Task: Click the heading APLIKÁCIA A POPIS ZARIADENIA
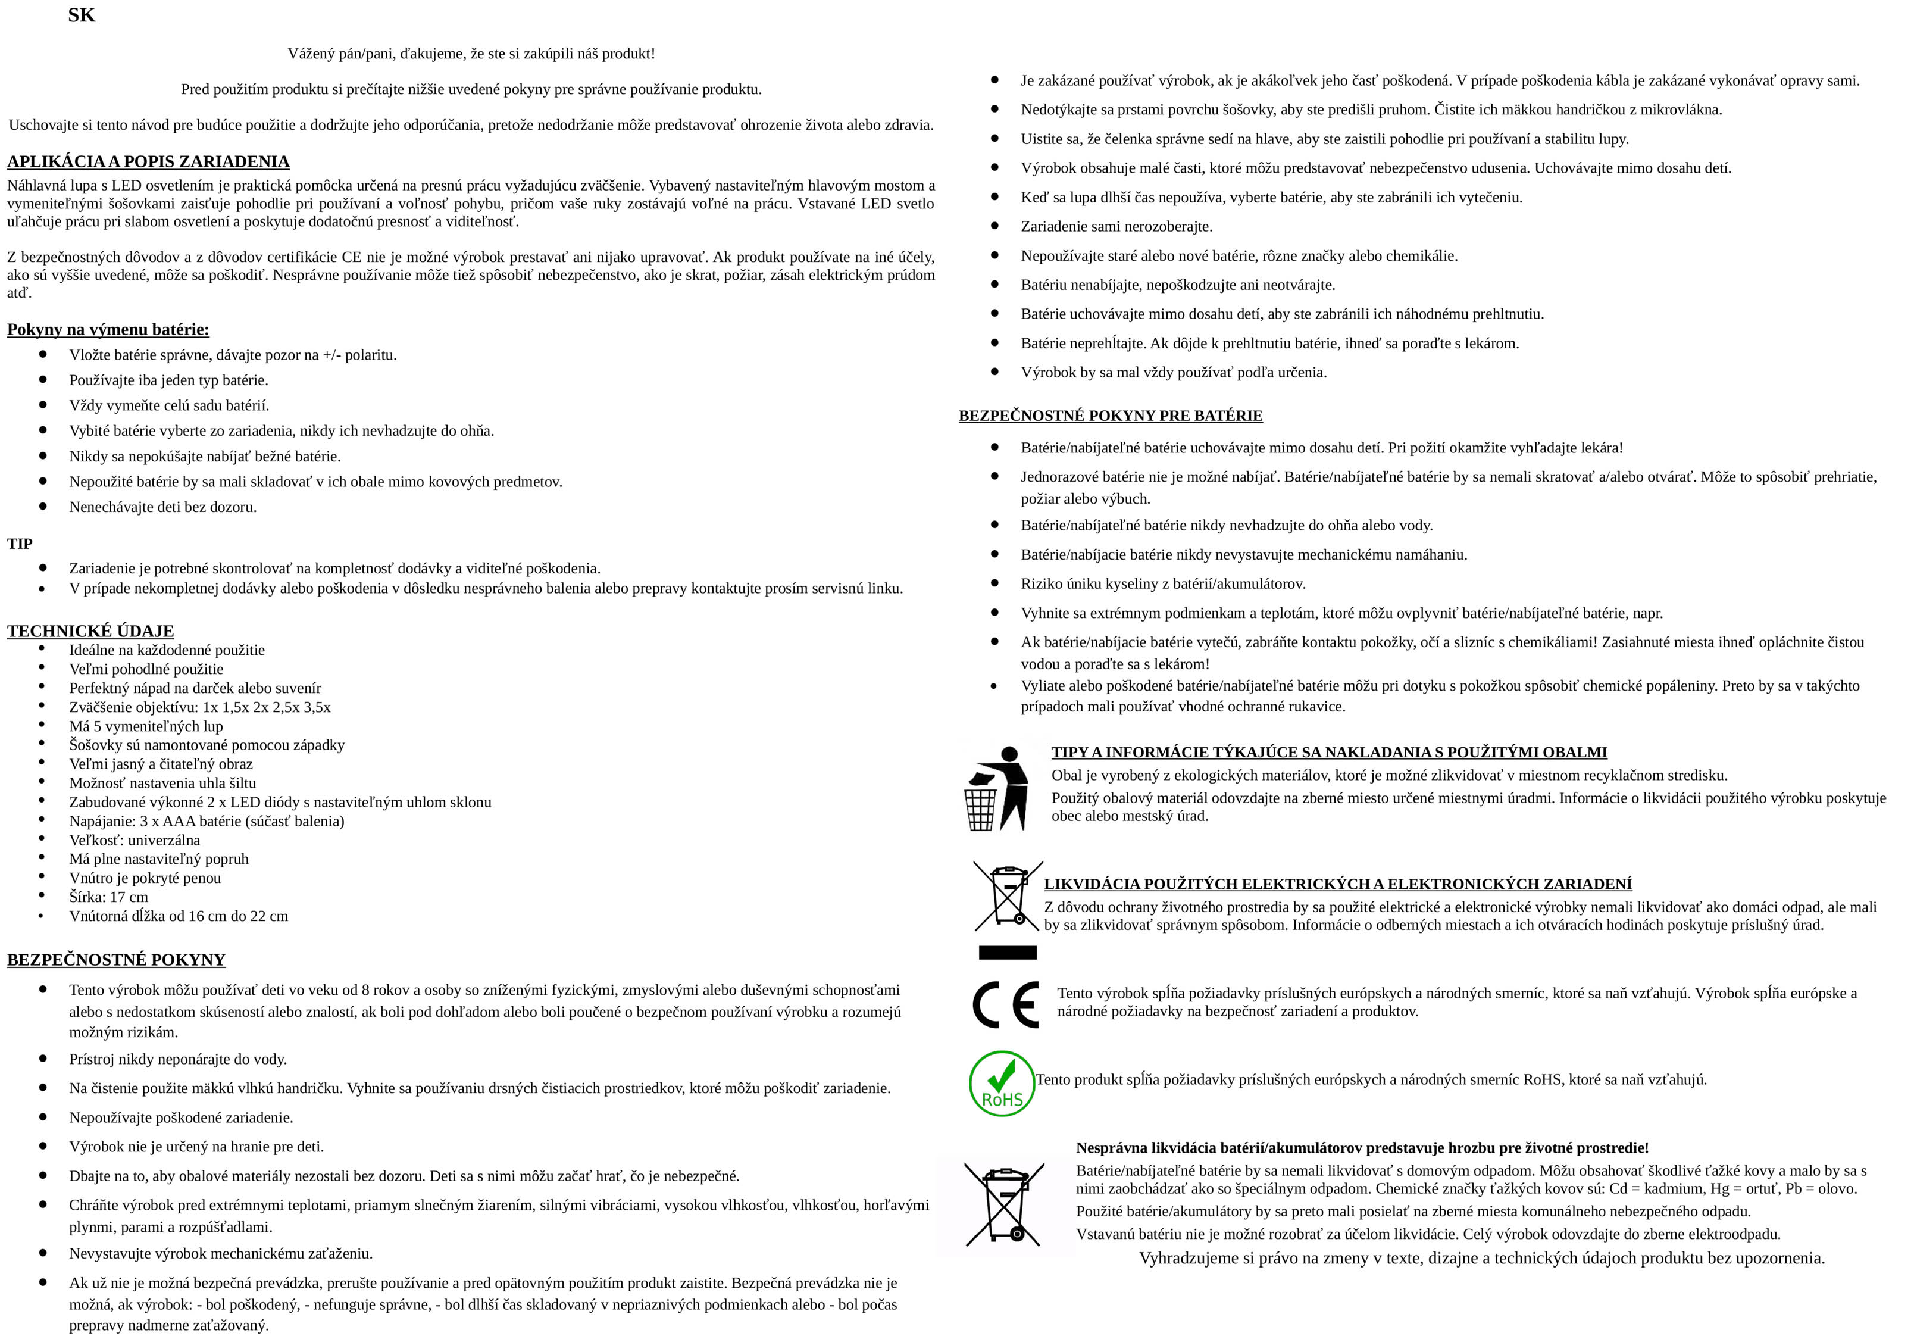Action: pyautogui.click(x=148, y=162)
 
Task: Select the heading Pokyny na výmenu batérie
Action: pyautogui.click(x=108, y=329)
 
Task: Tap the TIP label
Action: pyautogui.click(x=20, y=544)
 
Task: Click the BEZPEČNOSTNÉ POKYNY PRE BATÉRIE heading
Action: pyautogui.click(x=1111, y=416)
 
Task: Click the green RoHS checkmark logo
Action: pyautogui.click(x=1001, y=1082)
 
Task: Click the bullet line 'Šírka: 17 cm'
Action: pyautogui.click(x=108, y=897)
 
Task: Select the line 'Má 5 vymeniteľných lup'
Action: pyautogui.click(x=146, y=726)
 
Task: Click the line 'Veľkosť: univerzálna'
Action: pyautogui.click(x=135, y=840)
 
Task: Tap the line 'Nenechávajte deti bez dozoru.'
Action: pyautogui.click(x=162, y=507)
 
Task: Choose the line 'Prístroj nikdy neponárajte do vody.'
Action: pyautogui.click(x=177, y=1059)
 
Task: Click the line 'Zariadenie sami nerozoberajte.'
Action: pyautogui.click(x=1116, y=227)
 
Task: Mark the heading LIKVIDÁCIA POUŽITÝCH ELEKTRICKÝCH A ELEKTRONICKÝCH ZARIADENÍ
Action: pyautogui.click(x=1337, y=884)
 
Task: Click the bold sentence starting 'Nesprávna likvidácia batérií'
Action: pyautogui.click(x=1361, y=1147)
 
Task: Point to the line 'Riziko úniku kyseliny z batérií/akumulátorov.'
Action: pyautogui.click(x=1163, y=584)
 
